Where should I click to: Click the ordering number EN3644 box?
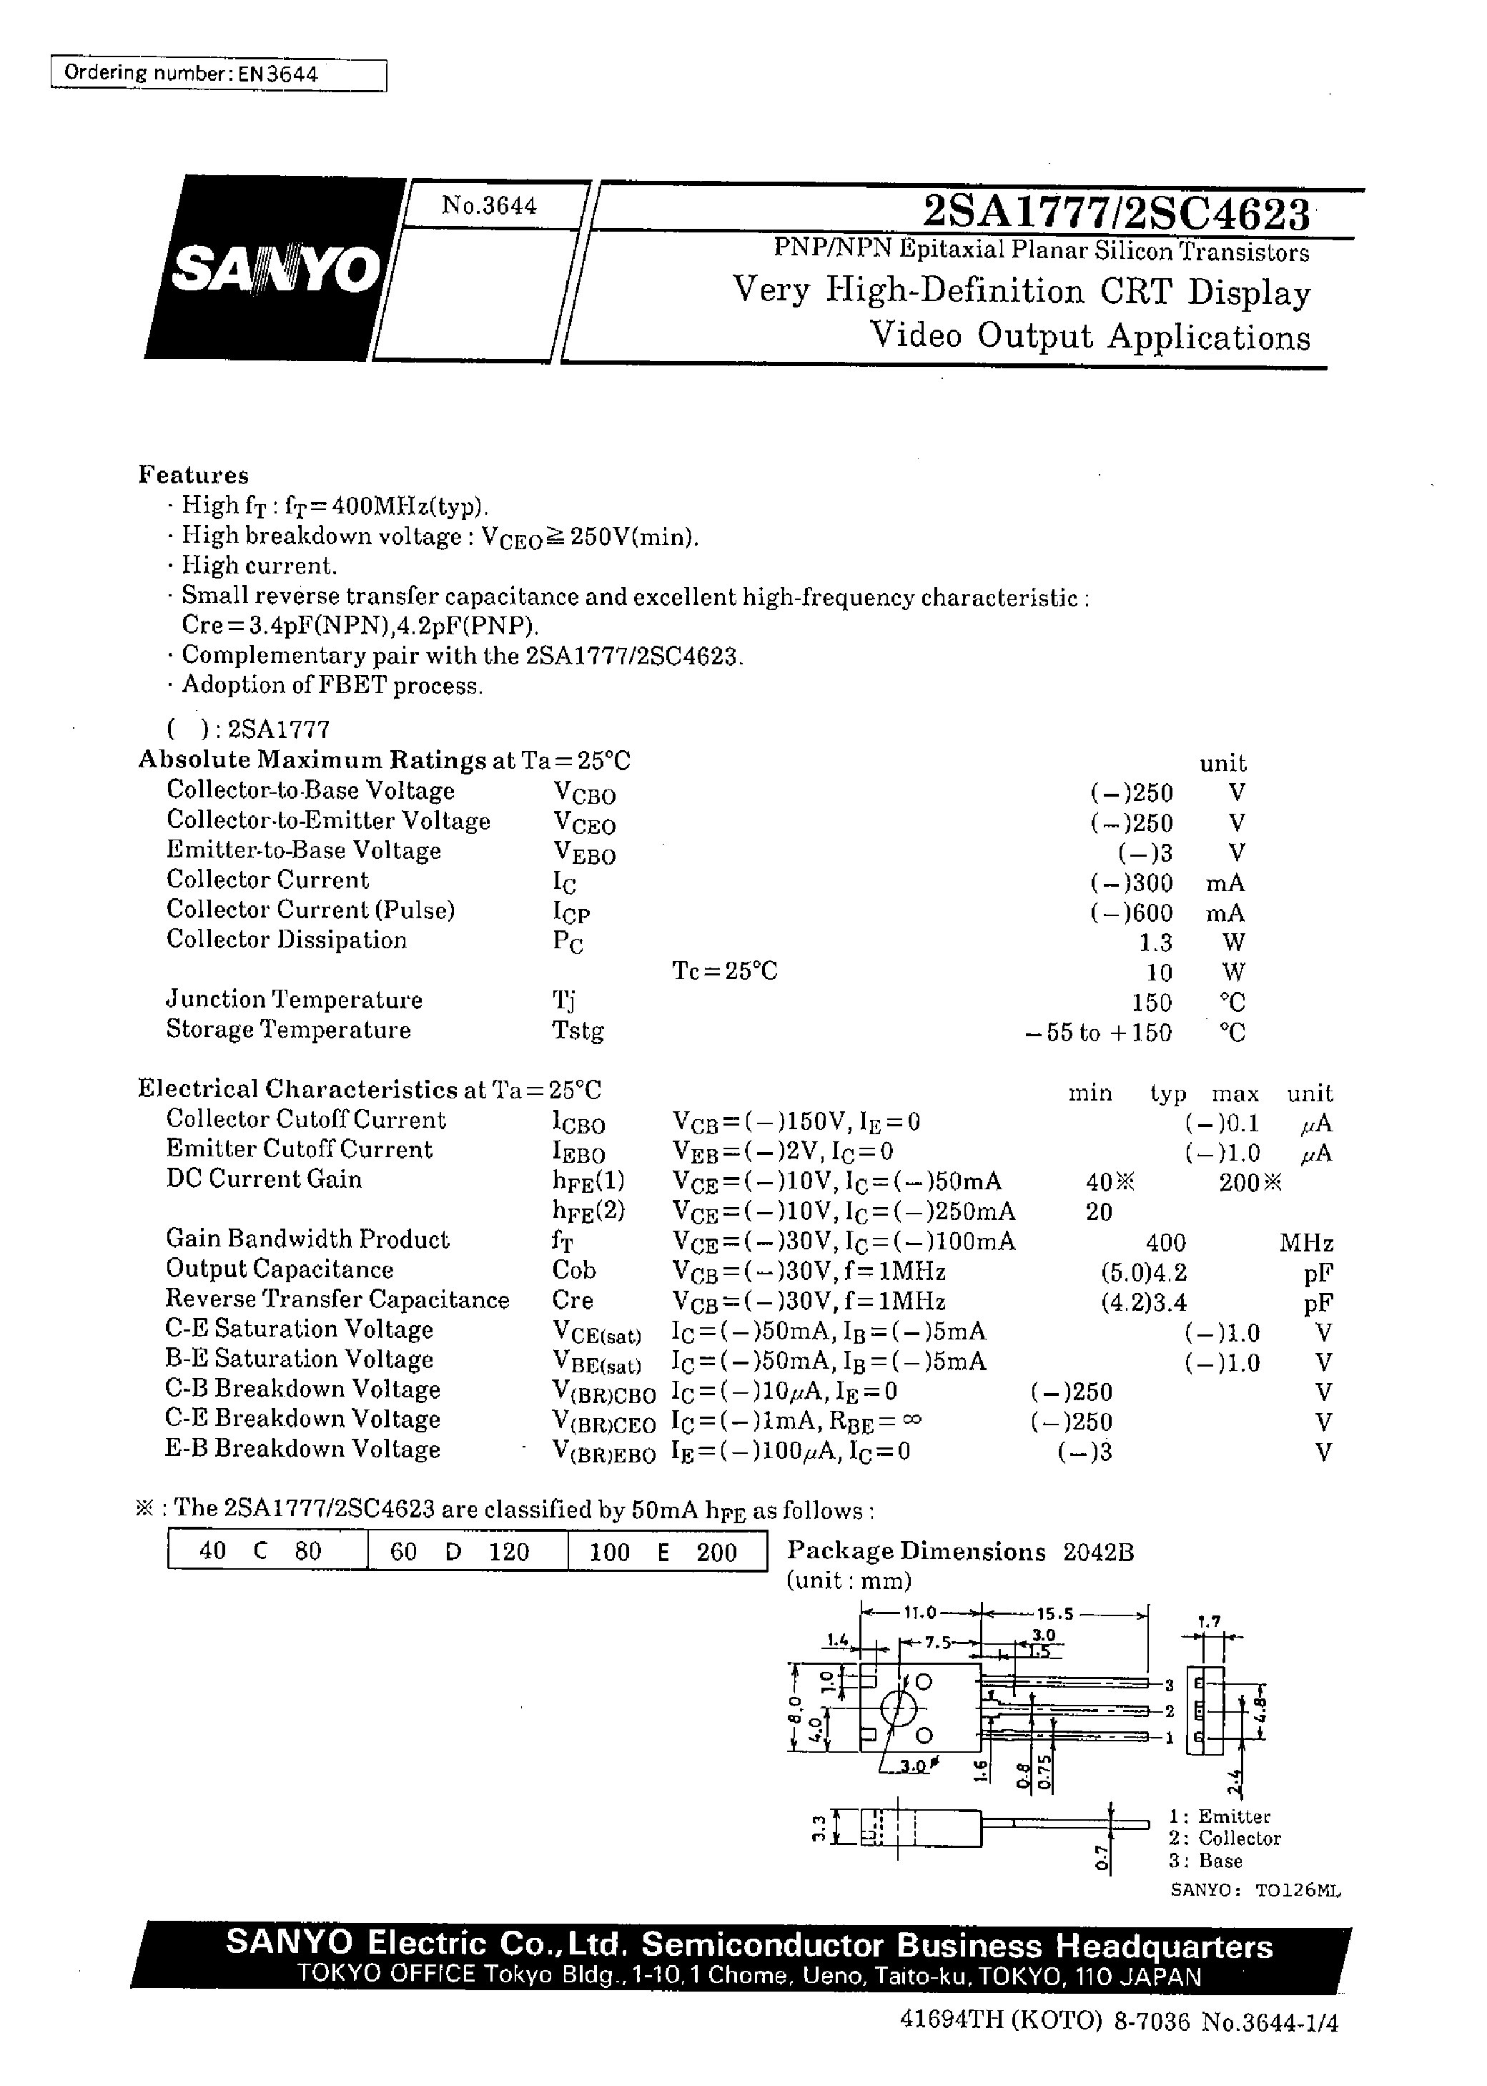(x=218, y=74)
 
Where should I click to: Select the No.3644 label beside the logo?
(x=489, y=206)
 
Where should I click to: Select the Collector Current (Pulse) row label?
(x=310, y=910)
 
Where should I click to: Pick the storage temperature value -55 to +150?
(x=1098, y=1033)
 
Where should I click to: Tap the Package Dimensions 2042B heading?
(x=961, y=1551)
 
